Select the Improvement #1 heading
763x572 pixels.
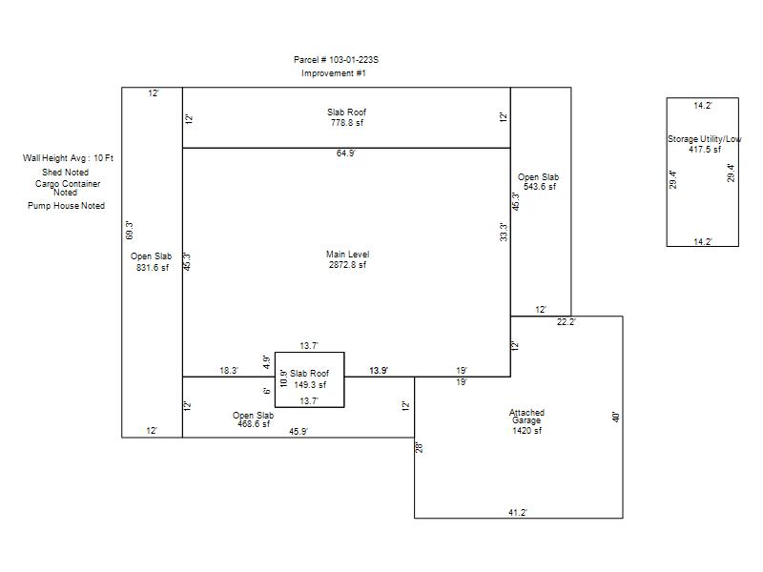tap(333, 73)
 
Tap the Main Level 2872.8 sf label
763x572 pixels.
tap(347, 259)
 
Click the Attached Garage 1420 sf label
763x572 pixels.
tap(526, 421)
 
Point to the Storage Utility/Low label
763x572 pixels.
tap(704, 139)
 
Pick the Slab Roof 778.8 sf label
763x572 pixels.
tap(346, 117)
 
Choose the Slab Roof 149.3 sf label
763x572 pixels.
tap(309, 378)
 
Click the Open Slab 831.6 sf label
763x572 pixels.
tap(152, 261)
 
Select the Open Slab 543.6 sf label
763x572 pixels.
tap(538, 181)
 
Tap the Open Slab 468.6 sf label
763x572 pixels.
tap(253, 419)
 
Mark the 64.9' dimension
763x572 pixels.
tap(346, 153)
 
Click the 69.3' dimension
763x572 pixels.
tap(130, 230)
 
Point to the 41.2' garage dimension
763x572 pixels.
tap(518, 512)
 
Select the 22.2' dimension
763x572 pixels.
tap(567, 321)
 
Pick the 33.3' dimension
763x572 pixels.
tap(504, 232)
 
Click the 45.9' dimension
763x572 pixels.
tap(299, 432)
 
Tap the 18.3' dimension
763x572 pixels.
tap(229, 371)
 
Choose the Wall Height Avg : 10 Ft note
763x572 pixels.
tap(68, 158)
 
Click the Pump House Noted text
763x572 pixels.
tap(66, 206)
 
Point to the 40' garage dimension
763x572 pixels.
tap(615, 417)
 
